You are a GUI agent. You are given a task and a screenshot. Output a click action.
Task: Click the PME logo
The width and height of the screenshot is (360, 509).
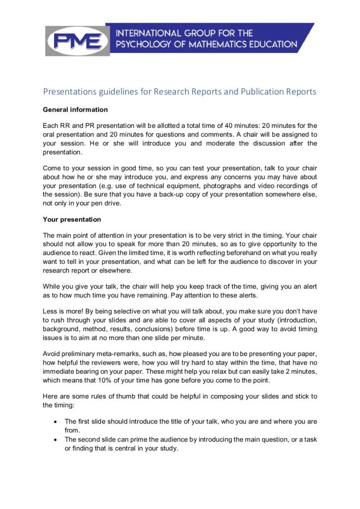tap(77, 40)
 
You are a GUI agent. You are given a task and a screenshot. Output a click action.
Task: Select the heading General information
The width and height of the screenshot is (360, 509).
tap(75, 109)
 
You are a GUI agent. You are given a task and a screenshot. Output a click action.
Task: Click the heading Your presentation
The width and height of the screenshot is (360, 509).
tap(72, 219)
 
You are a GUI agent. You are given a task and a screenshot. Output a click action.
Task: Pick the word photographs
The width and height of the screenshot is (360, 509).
tap(204, 185)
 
